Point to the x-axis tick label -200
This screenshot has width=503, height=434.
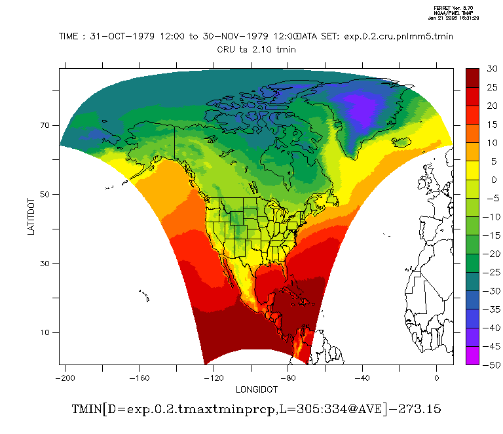point(64,378)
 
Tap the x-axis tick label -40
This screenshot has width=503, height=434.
point(362,378)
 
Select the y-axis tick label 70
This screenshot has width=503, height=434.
point(47,125)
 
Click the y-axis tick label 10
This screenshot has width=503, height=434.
point(47,332)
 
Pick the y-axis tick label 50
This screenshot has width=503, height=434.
point(47,195)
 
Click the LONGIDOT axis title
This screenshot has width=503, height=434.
point(250,389)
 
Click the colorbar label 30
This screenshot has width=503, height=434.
point(492,68)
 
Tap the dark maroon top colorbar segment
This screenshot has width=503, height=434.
point(473,77)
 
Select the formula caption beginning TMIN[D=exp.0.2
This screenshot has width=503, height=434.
point(256,409)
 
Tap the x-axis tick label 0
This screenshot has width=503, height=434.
point(436,378)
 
